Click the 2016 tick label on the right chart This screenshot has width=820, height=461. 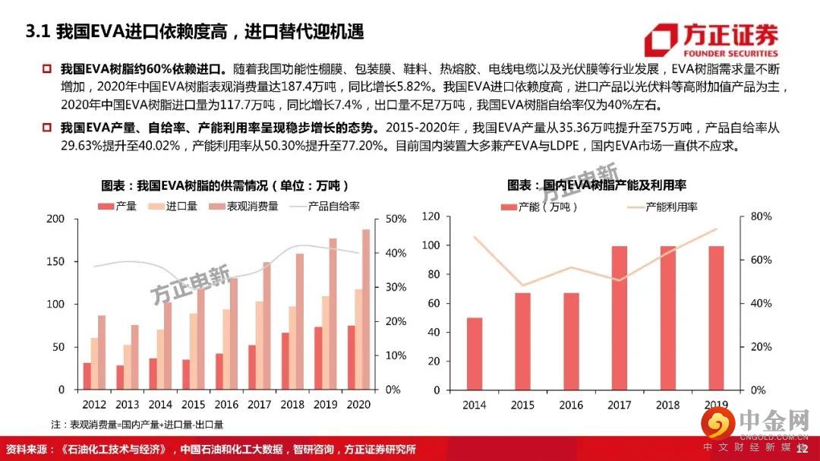571,405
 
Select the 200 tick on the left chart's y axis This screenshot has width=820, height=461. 56,219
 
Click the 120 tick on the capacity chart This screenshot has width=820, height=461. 430,216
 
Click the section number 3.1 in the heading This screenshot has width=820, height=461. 37,32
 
